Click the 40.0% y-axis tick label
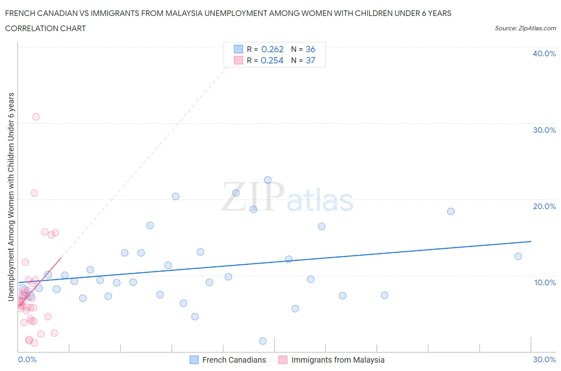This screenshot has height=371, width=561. pos(544,53)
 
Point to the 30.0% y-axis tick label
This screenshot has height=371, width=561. pos(544,130)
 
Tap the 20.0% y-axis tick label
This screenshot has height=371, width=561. pos(544,206)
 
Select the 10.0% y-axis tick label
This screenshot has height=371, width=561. pos(545,282)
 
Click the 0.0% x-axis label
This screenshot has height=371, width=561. pos(27,359)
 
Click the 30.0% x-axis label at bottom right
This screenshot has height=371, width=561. pos(544,359)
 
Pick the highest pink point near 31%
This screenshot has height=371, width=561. pos(36,116)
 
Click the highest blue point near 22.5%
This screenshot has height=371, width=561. pos(268,180)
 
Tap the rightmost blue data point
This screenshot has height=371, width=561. pos(518,256)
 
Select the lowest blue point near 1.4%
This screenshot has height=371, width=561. pos(263,341)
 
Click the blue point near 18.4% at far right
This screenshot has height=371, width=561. pos(450,211)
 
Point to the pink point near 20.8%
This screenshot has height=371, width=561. pos(34,193)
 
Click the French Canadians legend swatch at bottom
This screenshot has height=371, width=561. pos(194,360)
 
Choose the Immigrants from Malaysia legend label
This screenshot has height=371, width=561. pos(338,360)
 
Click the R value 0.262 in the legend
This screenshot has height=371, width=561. pos(272,49)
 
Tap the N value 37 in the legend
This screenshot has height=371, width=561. pos(310,60)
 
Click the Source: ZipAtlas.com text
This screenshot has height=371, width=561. pos(525,28)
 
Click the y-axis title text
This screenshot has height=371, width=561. pos(11,197)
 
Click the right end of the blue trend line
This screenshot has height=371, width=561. pos(531,241)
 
